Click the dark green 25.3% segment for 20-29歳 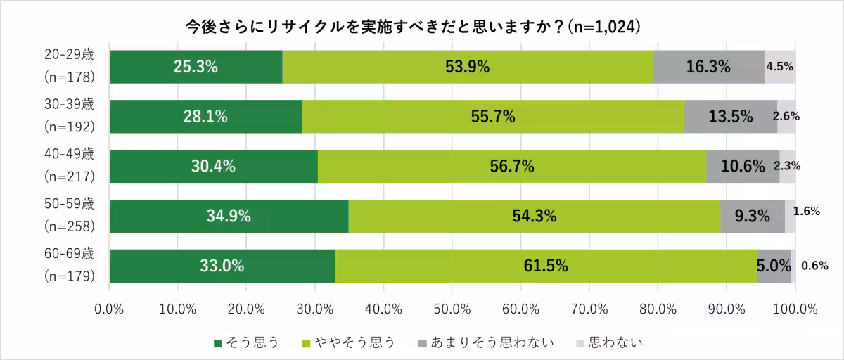tap(196, 67)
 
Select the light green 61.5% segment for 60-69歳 tap(545, 266)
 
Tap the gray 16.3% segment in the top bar tap(708, 67)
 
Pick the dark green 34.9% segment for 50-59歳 tap(229, 217)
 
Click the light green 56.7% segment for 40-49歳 tap(512, 167)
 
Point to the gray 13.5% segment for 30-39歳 tap(731, 117)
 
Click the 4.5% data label tap(779, 67)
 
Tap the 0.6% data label tap(814, 266)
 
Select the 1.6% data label tap(807, 211)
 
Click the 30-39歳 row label tap(69, 104)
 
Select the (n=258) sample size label tap(69, 226)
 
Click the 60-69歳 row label tap(69, 254)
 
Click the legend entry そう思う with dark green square tap(246, 342)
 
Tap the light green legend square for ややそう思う tap(307, 343)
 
